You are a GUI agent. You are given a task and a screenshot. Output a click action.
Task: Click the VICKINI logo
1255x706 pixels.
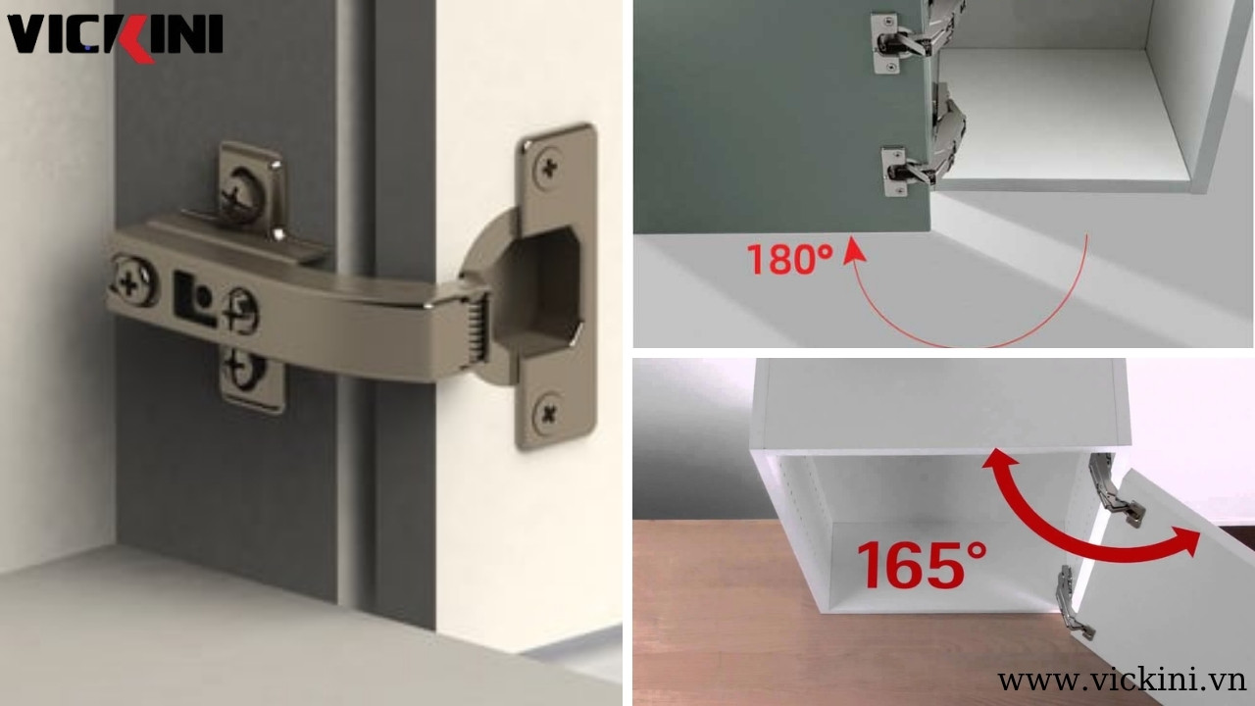[115, 35]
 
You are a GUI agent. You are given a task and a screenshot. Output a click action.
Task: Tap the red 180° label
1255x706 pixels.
[789, 259]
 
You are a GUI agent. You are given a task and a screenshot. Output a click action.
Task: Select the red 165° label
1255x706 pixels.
[922, 564]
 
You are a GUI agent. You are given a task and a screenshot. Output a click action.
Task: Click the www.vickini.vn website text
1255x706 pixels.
[1122, 679]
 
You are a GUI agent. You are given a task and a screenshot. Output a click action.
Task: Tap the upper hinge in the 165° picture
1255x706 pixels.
[1115, 491]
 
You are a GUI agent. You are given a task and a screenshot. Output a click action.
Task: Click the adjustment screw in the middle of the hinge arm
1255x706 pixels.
[239, 311]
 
